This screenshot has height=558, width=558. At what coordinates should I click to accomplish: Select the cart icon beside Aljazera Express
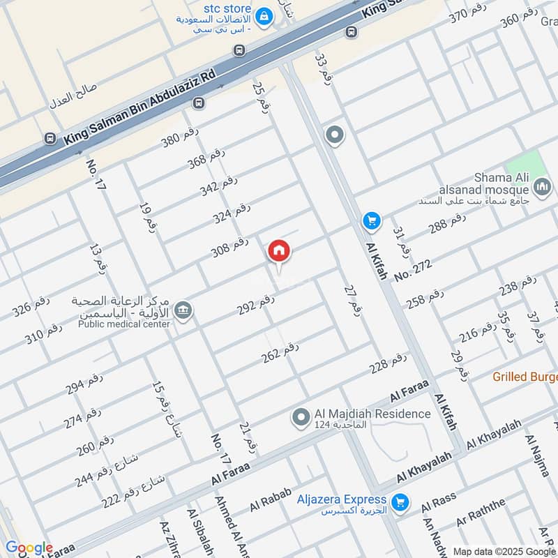pyautogui.click(x=400, y=502)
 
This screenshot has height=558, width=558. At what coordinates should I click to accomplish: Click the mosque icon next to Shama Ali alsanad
pyautogui.click(x=542, y=186)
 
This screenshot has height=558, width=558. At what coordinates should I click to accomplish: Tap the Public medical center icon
pyautogui.click(x=183, y=310)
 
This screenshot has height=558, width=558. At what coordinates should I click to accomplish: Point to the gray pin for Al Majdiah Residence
pyautogui.click(x=301, y=417)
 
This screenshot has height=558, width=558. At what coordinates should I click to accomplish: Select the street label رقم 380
pyautogui.click(x=180, y=137)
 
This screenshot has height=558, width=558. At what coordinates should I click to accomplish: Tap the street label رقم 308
pyautogui.click(x=230, y=247)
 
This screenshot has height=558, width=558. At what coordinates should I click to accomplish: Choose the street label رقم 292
pyautogui.click(x=256, y=304)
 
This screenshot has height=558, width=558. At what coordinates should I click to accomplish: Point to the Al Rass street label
pyautogui.click(x=439, y=501)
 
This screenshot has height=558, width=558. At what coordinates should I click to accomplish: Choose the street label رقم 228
pyautogui.click(x=389, y=364)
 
